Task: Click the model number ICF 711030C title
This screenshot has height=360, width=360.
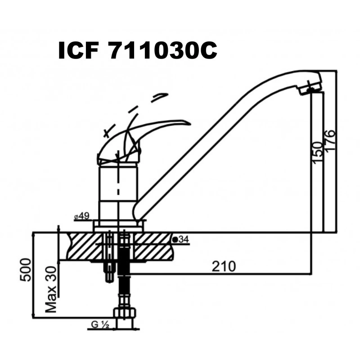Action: (x=138, y=51)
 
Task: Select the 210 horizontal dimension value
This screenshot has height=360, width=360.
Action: (x=224, y=266)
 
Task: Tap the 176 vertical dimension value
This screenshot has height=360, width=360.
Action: (x=330, y=140)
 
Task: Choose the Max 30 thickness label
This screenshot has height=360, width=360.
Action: (x=51, y=289)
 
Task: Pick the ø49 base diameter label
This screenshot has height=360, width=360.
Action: (x=82, y=216)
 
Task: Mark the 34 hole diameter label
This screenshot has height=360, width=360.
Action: (x=181, y=239)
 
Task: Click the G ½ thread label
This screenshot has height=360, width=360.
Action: (x=100, y=325)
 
